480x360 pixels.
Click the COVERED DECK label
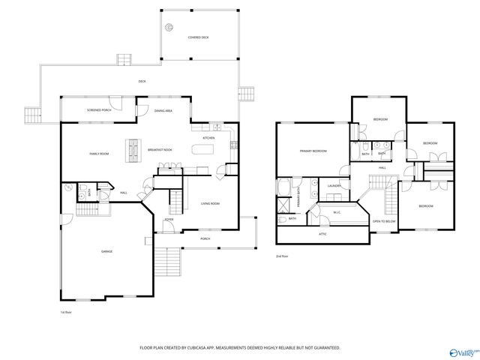pyautogui.click(x=198, y=37)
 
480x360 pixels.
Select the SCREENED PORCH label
pyautogui.click(x=99, y=110)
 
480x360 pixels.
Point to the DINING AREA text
pyautogui.click(x=163, y=110)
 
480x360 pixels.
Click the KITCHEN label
pyautogui.click(x=208, y=138)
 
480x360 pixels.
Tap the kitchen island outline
pyautogui.click(x=204, y=148)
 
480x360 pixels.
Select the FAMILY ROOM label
pyautogui.click(x=99, y=154)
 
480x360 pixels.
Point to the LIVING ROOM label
pyautogui.click(x=188, y=203)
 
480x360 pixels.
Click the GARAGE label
pyautogui.click(x=107, y=251)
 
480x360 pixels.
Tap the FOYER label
pyautogui.click(x=169, y=220)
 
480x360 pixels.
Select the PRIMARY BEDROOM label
pyautogui.click(x=313, y=151)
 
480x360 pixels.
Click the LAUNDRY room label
pyautogui.click(x=334, y=186)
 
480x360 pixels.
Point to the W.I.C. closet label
pyautogui.click(x=337, y=212)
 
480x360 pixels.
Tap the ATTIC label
pyautogui.click(x=322, y=234)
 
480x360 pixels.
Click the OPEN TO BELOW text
pyautogui.click(x=384, y=221)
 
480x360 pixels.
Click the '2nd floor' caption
pyautogui.click(x=282, y=256)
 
